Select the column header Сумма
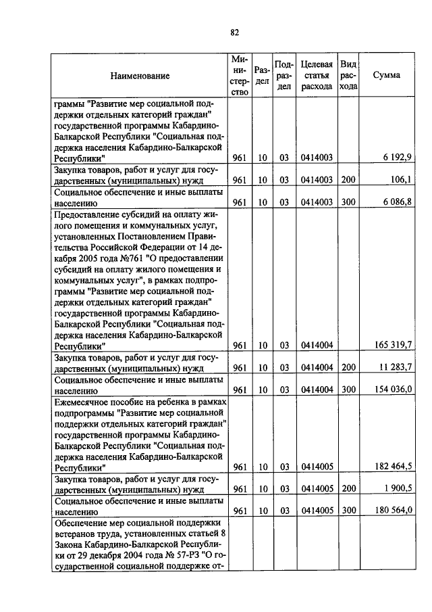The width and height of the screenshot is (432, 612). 386,75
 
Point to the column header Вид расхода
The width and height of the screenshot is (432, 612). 348,75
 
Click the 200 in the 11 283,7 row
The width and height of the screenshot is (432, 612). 348,367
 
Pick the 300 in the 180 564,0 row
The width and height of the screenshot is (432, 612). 348,510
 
